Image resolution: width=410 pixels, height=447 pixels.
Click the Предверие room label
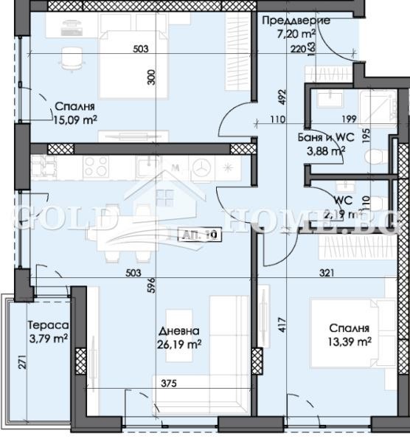click(x=296, y=21)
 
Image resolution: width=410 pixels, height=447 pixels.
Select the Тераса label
click(x=48, y=325)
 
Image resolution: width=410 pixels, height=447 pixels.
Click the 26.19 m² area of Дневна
click(x=180, y=344)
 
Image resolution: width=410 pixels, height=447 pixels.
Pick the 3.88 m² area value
click(x=326, y=151)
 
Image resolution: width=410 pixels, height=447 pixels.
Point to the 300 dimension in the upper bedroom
click(x=151, y=77)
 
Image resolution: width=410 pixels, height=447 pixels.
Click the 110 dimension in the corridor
click(x=277, y=119)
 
